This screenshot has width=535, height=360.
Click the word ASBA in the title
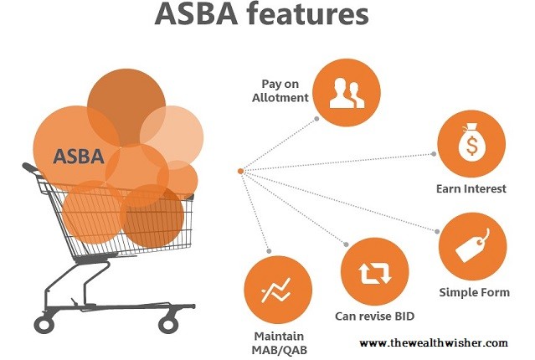coord(196,14)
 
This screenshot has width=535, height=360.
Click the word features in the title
coord(308,14)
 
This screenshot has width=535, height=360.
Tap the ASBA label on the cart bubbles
coord(79,157)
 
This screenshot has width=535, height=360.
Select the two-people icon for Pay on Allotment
coord(347,93)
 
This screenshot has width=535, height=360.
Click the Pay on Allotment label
coord(280,90)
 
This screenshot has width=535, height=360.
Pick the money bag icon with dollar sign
coord(471,143)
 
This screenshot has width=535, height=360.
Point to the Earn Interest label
coord(471,188)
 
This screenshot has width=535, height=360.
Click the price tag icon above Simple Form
coord(472,245)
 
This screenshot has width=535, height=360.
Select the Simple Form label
coord(474,292)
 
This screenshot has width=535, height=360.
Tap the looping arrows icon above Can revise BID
coord(374,272)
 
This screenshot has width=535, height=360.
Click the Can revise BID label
coord(374,316)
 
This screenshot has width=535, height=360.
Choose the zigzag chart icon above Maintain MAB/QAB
coord(277,290)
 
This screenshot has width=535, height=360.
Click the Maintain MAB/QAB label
coord(279,343)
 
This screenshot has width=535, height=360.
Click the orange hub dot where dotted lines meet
coord(240,171)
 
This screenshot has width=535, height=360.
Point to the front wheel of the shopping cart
coord(168,323)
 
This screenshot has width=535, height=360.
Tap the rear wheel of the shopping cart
coord(44,324)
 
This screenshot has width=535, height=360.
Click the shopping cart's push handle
coord(30,167)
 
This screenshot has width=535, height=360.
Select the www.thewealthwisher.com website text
coord(434,342)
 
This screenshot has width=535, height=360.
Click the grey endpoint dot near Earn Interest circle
coord(434,154)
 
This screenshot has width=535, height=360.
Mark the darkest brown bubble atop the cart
coord(126,107)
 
